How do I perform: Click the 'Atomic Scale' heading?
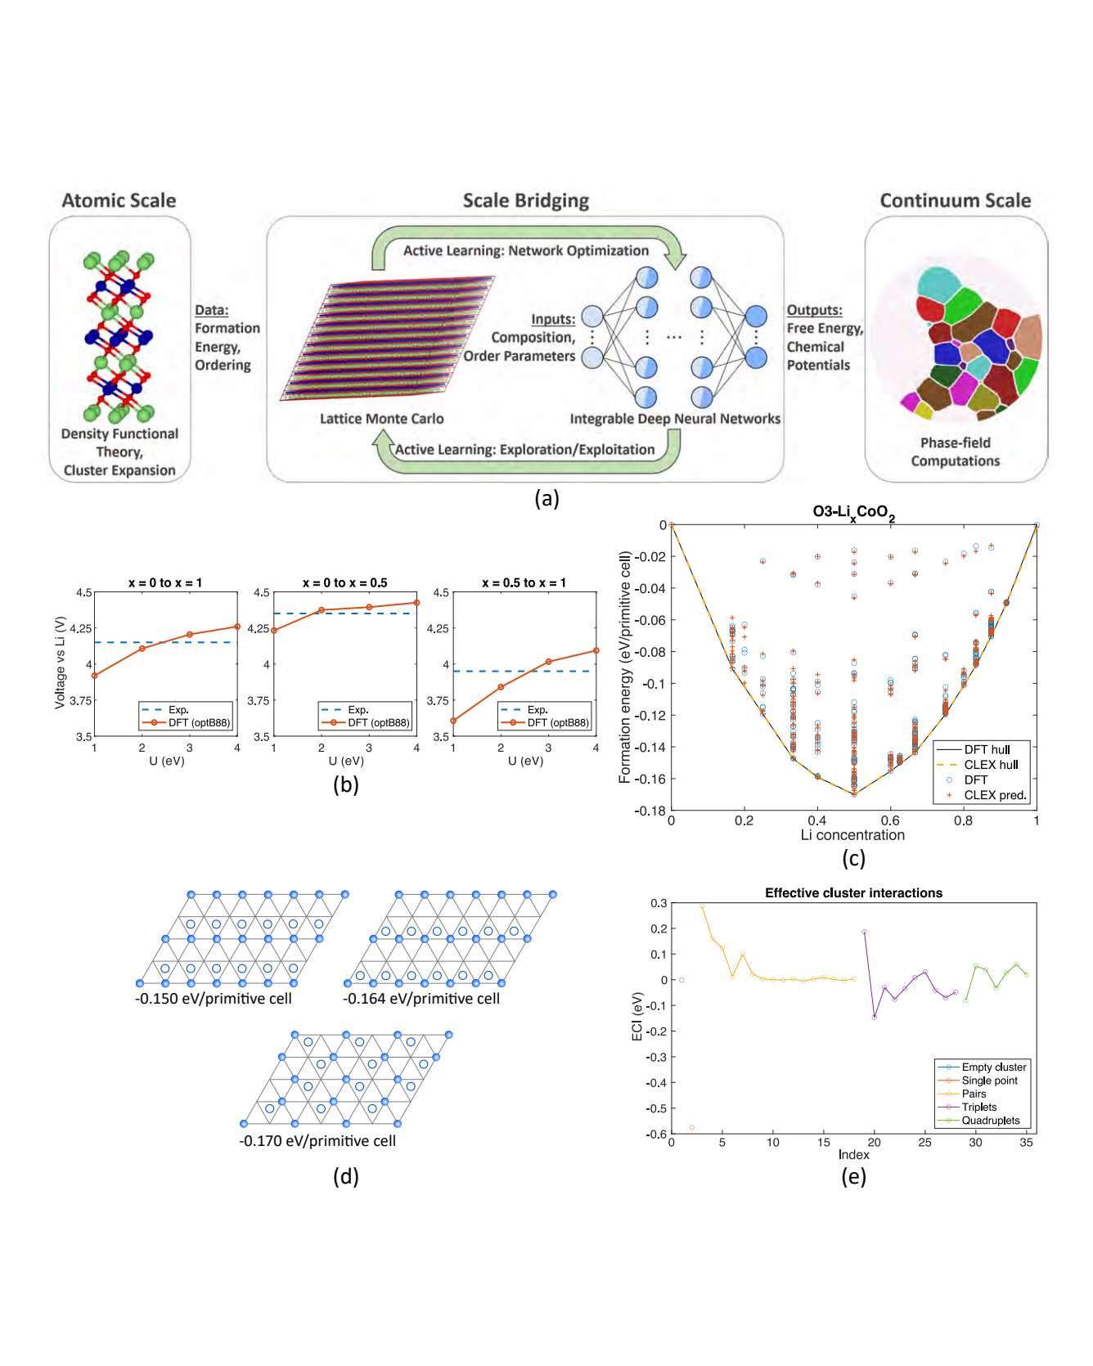coord(119,200)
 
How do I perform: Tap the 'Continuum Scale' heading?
coord(955,200)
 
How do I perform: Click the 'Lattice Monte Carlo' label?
coord(381,419)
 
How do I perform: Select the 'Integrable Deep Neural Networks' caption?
coord(675,419)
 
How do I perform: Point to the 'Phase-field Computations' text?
coord(956,452)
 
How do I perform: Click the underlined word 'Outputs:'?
coord(814,310)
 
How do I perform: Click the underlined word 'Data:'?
coord(211,310)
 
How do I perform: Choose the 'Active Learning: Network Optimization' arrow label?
coord(525,250)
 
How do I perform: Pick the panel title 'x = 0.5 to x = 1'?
coord(524,582)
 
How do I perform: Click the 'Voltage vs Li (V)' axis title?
coord(60,663)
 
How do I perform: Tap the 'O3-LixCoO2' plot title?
coord(853,512)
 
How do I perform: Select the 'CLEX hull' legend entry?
coord(991,765)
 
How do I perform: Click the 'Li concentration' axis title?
coord(852,835)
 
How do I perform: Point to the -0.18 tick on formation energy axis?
coord(650,811)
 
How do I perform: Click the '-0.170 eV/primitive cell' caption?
coord(317,1141)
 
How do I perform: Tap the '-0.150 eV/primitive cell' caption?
coord(214,999)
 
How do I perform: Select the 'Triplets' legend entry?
coord(979,1107)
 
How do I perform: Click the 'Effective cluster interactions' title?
coord(853,893)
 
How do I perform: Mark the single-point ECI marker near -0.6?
coord(692,1128)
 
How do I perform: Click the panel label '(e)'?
coord(853,1176)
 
